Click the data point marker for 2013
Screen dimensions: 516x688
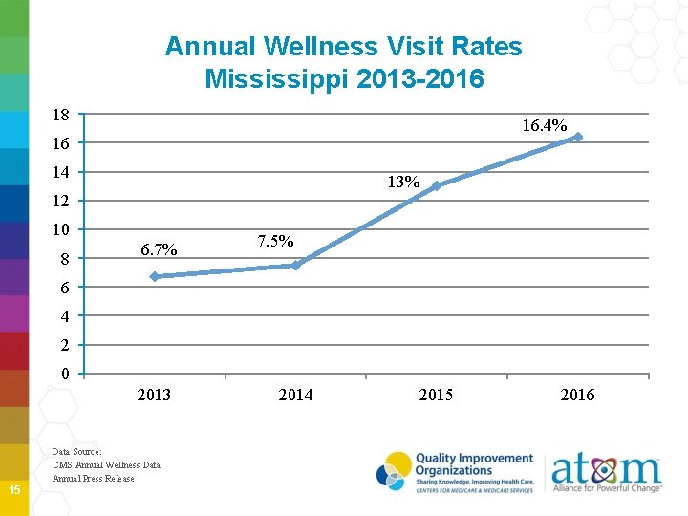[x=155, y=276]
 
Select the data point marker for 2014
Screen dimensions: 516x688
[x=296, y=265]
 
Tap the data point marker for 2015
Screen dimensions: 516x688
[x=437, y=185]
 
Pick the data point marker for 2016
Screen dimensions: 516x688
[x=577, y=137]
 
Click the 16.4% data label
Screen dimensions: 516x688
[x=544, y=125]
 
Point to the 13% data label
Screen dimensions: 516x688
[x=403, y=182]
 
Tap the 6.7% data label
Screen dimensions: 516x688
[x=158, y=250]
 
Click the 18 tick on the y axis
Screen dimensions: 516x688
[x=61, y=115]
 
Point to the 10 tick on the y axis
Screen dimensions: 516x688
[x=61, y=229]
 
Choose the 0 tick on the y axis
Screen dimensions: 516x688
[x=65, y=374]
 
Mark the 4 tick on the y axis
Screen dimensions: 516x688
[x=65, y=316]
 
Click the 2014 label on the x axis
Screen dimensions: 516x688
[x=295, y=395]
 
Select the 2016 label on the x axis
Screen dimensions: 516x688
[x=577, y=395]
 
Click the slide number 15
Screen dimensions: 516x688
[x=14, y=490]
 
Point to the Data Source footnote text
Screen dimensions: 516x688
[x=106, y=464]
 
